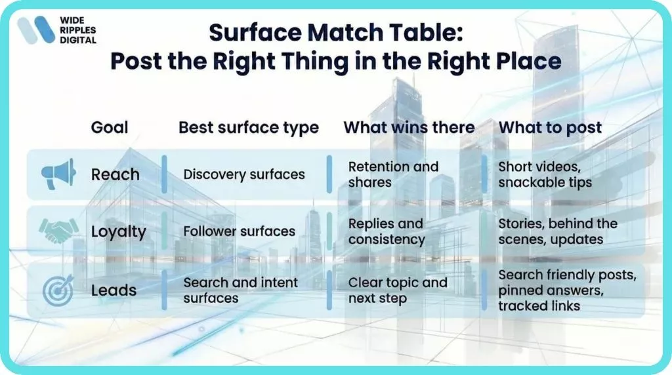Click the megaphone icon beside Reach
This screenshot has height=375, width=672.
(x=58, y=174)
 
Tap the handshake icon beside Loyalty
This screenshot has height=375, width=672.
(x=58, y=231)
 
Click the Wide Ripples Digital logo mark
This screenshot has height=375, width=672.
(x=36, y=30)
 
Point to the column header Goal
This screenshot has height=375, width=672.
(x=110, y=127)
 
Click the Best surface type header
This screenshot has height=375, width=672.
(x=249, y=127)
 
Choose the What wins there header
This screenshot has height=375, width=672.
(x=409, y=127)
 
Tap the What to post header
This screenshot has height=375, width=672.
(x=550, y=127)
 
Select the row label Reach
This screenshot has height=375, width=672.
(x=115, y=174)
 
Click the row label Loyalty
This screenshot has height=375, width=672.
(x=119, y=231)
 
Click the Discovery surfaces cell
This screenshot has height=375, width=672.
(x=244, y=174)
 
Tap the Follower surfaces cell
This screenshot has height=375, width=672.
(x=239, y=231)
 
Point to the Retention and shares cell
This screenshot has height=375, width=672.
(x=393, y=174)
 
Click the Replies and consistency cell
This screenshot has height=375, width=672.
(x=387, y=231)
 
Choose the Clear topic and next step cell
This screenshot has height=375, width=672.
(x=398, y=290)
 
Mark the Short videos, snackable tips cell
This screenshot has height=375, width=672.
(x=545, y=174)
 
